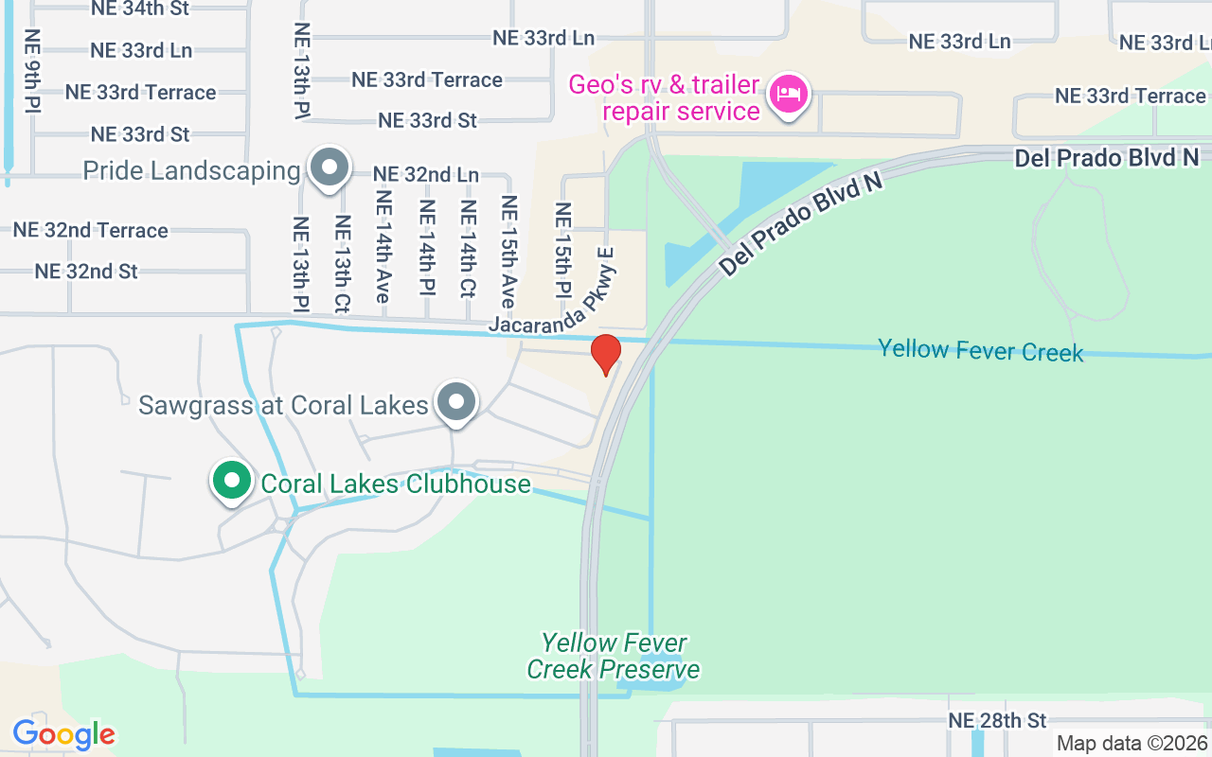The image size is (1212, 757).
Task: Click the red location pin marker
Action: tap(605, 354)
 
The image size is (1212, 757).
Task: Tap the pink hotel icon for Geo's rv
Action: tap(788, 95)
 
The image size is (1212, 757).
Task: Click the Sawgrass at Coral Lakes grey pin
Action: tap(457, 402)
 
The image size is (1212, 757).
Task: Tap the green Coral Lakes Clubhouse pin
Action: tap(230, 480)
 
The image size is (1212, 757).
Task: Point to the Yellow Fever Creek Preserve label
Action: tap(613, 657)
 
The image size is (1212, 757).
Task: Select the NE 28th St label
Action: tap(997, 721)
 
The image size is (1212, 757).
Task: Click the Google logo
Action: tap(63, 734)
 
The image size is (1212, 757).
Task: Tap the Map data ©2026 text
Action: tap(1132, 744)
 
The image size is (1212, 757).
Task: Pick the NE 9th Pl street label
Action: tap(33, 71)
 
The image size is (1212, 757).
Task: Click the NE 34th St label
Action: tap(140, 9)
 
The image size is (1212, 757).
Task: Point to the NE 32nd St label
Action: tap(86, 272)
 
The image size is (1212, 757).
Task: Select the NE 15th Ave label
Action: tap(509, 251)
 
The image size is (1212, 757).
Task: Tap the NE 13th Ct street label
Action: tap(342, 262)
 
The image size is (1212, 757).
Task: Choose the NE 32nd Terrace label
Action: tap(90, 230)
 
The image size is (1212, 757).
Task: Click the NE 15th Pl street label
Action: tap(562, 249)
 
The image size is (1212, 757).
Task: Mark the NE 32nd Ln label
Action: tap(425, 175)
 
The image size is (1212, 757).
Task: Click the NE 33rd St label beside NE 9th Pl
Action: tap(140, 134)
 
